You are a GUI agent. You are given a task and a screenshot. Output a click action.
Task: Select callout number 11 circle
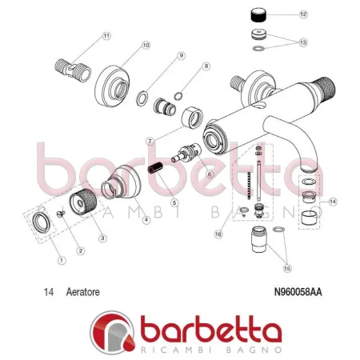107,36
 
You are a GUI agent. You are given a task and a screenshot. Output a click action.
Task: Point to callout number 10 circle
146,46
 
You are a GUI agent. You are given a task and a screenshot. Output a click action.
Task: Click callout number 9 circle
182,55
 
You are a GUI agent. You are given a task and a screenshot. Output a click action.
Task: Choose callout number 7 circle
150,141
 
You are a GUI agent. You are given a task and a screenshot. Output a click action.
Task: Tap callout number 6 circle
210,174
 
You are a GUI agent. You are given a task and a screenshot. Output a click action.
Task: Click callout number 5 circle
174,203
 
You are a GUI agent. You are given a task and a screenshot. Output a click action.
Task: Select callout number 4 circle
146,221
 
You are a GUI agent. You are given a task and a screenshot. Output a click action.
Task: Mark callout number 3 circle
102,238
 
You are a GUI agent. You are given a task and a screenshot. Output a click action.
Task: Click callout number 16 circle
218,234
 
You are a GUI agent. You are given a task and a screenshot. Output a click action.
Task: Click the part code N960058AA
304,293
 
